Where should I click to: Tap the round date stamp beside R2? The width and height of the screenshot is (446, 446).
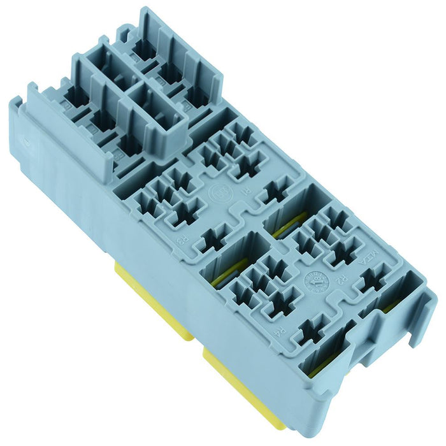[316, 281]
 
